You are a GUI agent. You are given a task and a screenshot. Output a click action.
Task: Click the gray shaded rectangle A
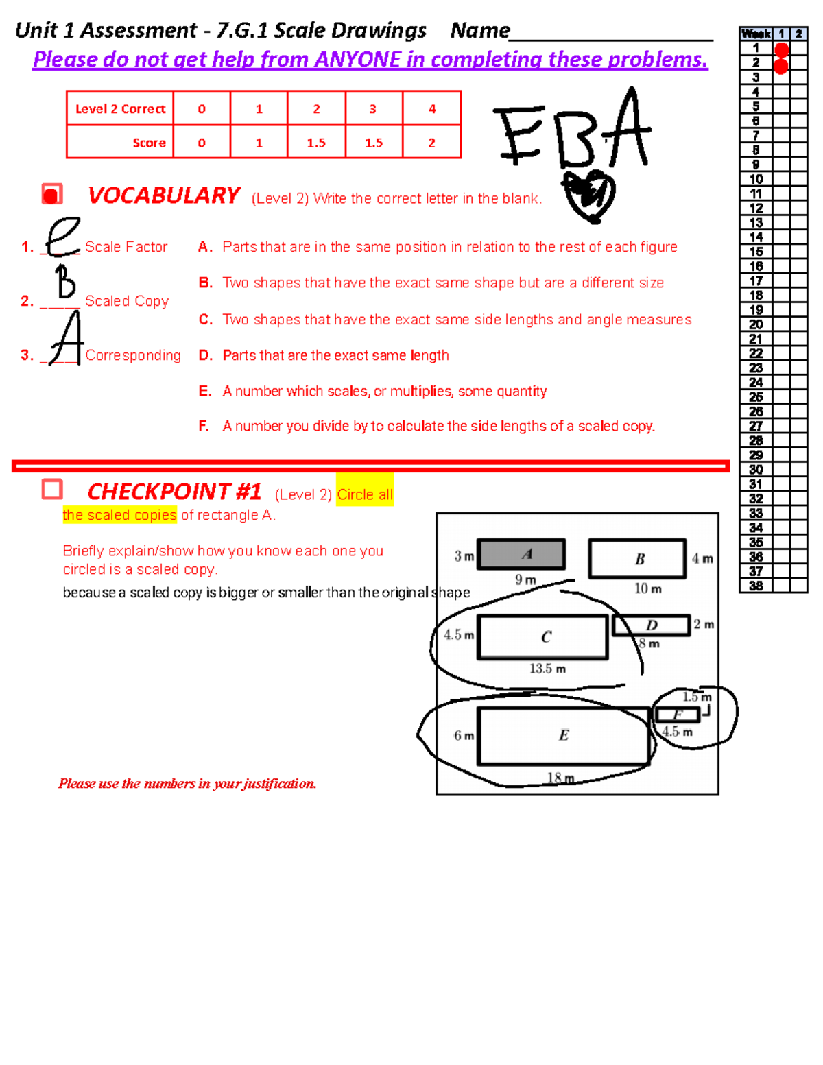pyautogui.click(x=521, y=554)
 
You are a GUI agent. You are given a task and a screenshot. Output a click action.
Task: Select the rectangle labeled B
pyautogui.click(x=637, y=559)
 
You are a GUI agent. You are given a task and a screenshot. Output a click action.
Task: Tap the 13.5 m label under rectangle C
pyautogui.click(x=547, y=669)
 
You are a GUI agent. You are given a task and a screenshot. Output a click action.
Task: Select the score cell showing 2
pyautogui.click(x=431, y=143)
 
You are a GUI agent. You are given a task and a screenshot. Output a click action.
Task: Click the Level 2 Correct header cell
pyautogui.click(x=120, y=109)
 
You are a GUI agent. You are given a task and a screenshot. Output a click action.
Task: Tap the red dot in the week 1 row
pyautogui.click(x=781, y=49)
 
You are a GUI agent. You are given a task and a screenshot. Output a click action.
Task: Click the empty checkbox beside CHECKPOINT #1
pyautogui.click(x=52, y=490)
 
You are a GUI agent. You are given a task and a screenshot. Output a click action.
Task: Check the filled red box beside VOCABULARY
pyautogui.click(x=52, y=195)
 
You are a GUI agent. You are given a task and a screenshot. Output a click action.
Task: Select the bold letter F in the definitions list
pyautogui.click(x=204, y=427)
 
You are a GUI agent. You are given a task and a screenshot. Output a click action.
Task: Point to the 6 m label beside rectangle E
pyautogui.click(x=464, y=736)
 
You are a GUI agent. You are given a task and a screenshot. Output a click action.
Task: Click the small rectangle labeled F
pyautogui.click(x=678, y=715)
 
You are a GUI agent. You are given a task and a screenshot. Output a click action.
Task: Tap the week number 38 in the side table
pyautogui.click(x=756, y=586)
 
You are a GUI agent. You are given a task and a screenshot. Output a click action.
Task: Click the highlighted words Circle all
pyautogui.click(x=365, y=494)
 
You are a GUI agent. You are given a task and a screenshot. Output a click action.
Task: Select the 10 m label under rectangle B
pyautogui.click(x=647, y=589)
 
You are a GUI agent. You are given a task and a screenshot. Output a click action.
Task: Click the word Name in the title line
pyautogui.click(x=480, y=31)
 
